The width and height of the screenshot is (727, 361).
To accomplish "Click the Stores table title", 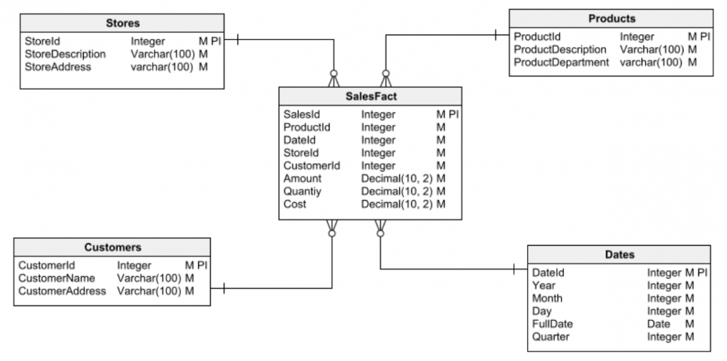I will (123, 24).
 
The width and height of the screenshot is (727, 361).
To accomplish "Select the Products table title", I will (612, 19).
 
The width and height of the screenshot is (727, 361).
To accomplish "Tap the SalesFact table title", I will (371, 96).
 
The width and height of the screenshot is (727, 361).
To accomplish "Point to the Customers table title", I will (113, 247).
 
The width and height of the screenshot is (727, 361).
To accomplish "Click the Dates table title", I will (619, 255).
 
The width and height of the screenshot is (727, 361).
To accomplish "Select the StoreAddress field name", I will (58, 67).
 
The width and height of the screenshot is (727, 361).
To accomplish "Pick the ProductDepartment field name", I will (561, 62).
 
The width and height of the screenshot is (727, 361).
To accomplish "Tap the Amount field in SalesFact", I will (302, 178).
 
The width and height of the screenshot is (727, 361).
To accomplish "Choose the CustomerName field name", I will (57, 278).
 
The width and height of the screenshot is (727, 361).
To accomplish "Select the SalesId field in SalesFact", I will (301, 115).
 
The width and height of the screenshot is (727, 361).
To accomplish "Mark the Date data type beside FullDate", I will (659, 324).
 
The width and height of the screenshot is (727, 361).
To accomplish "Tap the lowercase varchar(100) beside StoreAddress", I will (162, 67).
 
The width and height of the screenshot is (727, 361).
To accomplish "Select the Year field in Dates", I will (543, 285).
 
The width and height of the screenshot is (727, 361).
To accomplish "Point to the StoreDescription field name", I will (65, 54).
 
